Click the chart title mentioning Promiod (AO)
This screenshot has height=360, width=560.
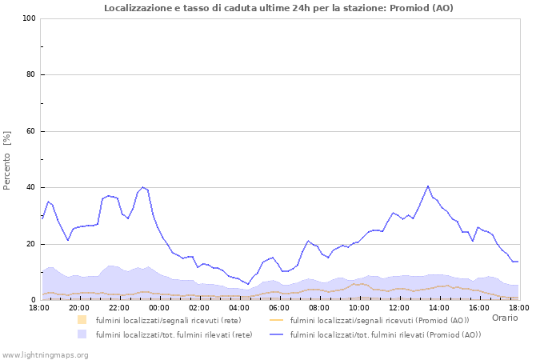278,8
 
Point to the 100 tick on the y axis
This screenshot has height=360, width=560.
29,18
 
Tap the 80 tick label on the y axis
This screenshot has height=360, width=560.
31,75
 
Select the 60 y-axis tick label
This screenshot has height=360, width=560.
31,131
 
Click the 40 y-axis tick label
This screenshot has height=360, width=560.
31,188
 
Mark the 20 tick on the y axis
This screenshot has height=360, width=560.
31,244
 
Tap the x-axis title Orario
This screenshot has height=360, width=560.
505,318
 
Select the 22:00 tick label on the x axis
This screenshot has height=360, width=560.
119,307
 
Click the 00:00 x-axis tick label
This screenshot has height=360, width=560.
159,307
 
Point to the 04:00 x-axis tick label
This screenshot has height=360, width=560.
239,307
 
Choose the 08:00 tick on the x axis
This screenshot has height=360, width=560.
319,307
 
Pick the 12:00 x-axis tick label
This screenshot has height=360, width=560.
399,307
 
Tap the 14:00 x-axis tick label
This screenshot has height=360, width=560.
439,307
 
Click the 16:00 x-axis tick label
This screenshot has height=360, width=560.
479,307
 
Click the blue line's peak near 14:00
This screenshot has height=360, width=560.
428,186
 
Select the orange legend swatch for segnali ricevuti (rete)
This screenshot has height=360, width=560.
82,320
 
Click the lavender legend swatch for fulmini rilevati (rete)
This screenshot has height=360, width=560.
82,334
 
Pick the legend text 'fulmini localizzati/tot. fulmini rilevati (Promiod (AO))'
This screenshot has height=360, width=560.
386,334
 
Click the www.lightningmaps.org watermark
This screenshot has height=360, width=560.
45,354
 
